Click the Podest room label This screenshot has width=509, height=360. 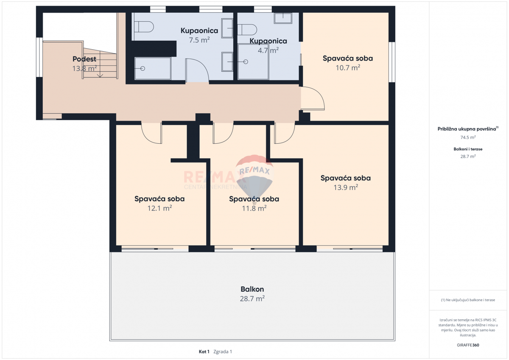[x=84, y=59]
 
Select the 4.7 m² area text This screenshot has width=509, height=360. [x=268, y=50]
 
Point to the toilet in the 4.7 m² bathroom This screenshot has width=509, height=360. [x=247, y=29]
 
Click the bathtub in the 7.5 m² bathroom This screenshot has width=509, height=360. [x=153, y=68]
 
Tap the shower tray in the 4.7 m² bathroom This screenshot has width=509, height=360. [x=253, y=62]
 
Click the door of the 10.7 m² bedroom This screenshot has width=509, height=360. [x=313, y=99]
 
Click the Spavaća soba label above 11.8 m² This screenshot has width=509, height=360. [x=254, y=199]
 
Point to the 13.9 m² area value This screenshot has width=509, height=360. [x=345, y=187]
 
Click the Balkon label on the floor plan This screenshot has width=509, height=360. [x=252, y=289]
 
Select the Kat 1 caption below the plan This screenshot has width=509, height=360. [x=204, y=352]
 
